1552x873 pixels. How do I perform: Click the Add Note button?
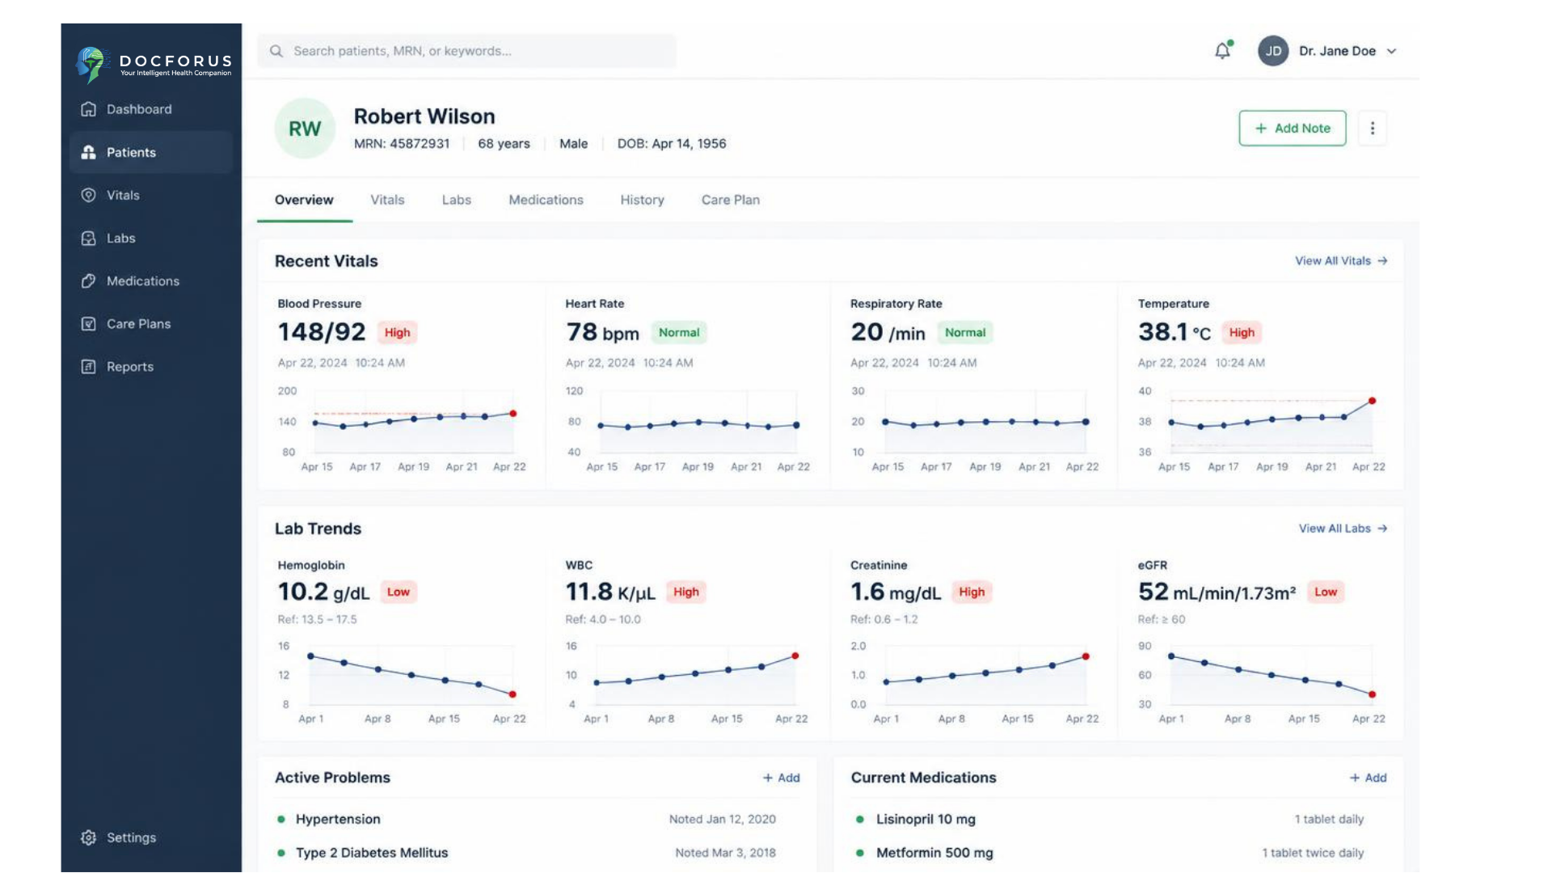pyautogui.click(x=1292, y=129)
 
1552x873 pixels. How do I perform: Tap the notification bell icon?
pyautogui.click(x=1223, y=51)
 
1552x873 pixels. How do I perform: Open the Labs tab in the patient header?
pyautogui.click(x=456, y=200)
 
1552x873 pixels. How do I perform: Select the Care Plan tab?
pyautogui.click(x=730, y=200)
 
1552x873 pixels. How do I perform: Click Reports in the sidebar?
pyautogui.click(x=129, y=366)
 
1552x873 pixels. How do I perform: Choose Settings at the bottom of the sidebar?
pyautogui.click(x=130, y=837)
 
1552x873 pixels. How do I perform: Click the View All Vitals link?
pyautogui.click(x=1341, y=261)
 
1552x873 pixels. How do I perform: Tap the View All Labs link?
pyautogui.click(x=1343, y=529)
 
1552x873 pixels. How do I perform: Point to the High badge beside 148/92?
pyautogui.click(x=397, y=332)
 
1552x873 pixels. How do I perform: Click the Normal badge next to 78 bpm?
pyautogui.click(x=678, y=332)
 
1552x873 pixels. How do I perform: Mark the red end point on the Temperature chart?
pyautogui.click(x=1372, y=401)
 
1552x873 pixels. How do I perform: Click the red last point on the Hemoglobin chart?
pyautogui.click(x=512, y=694)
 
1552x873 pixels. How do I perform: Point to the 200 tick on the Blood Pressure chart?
pyautogui.click(x=287, y=391)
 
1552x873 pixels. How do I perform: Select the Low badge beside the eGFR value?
pyautogui.click(x=1326, y=592)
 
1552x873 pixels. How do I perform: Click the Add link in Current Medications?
pyautogui.click(x=1368, y=778)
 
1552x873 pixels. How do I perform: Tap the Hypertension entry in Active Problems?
pyautogui.click(x=338, y=819)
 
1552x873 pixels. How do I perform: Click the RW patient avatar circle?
pyautogui.click(x=305, y=129)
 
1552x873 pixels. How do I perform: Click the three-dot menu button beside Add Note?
pyautogui.click(x=1372, y=129)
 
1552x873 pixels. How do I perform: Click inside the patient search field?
pyautogui.click(x=466, y=51)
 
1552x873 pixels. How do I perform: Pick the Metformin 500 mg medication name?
pyautogui.click(x=934, y=853)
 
